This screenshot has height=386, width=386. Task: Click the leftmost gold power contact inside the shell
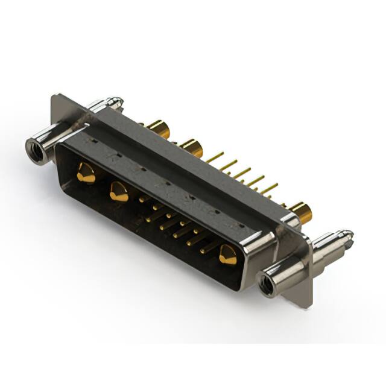[x=85, y=174]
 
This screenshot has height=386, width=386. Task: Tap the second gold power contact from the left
[x=118, y=192]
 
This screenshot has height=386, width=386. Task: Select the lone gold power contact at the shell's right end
[x=228, y=255]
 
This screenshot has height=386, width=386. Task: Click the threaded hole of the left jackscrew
[x=36, y=149]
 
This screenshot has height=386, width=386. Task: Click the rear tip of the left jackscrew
[x=116, y=101]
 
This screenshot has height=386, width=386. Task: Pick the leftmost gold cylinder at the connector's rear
[x=158, y=128]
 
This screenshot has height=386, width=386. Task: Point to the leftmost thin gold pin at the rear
[x=214, y=157]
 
